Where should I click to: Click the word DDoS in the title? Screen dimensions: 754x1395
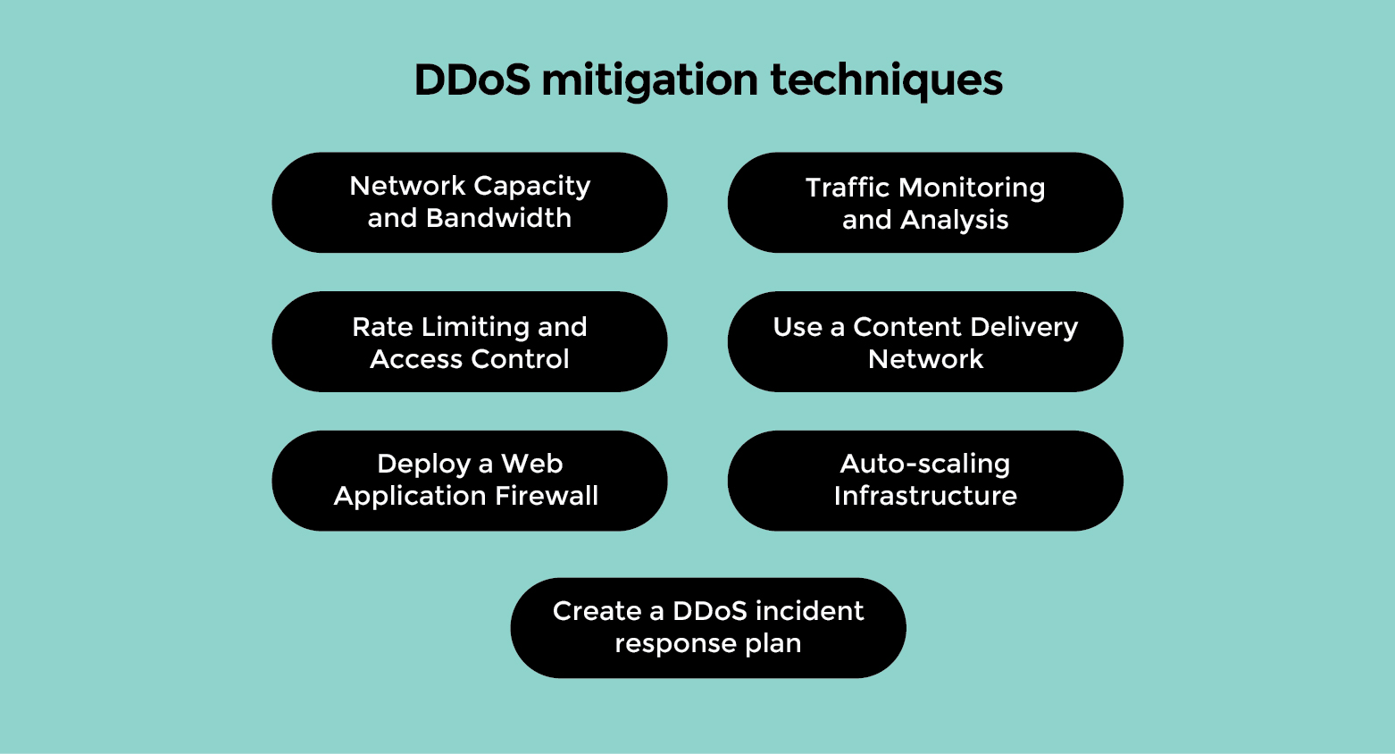coord(472,80)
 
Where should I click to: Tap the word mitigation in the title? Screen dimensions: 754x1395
coord(650,80)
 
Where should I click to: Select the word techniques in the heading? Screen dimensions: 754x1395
coord(886,80)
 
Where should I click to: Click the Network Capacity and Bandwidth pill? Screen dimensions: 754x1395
coord(470,202)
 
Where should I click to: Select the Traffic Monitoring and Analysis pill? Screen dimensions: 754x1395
coord(925,202)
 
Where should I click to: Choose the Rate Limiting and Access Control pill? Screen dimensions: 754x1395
coord(470,341)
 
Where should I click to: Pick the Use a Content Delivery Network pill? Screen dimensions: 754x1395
coord(925,341)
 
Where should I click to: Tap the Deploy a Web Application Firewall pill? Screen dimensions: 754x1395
coord(470,481)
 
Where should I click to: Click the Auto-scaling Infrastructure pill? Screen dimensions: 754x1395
coord(925,481)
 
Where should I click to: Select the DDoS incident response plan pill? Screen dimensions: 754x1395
coord(708,627)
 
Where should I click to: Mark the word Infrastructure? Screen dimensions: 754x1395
coord(925,496)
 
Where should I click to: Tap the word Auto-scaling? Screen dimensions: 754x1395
coord(925,464)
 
